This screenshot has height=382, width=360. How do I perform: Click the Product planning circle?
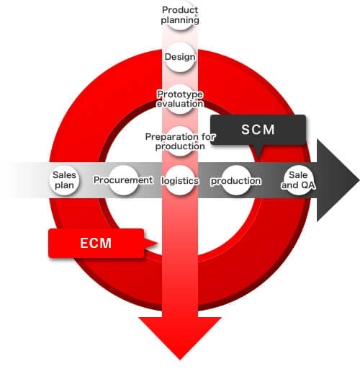(180, 14)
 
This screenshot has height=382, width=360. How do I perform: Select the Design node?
(180, 57)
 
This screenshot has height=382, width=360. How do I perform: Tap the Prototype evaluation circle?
(180, 99)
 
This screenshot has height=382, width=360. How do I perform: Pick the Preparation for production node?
(180, 141)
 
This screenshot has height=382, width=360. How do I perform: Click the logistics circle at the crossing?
(180, 180)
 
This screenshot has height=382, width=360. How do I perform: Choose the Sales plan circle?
(65, 180)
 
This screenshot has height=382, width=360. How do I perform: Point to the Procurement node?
(123, 180)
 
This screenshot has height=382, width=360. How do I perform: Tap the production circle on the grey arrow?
(236, 180)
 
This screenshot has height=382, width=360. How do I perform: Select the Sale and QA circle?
(298, 180)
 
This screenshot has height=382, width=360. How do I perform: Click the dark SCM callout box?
(258, 130)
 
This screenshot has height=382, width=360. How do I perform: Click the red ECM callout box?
(96, 243)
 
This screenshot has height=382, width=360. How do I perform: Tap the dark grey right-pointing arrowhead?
(338, 180)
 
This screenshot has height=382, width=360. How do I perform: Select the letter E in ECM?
(84, 243)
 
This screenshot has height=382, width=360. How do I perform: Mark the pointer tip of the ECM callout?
(157, 243)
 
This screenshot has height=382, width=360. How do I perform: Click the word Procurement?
(123, 180)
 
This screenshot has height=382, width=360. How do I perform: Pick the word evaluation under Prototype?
(180, 104)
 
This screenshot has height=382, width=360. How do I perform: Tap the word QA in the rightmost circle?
(307, 185)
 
